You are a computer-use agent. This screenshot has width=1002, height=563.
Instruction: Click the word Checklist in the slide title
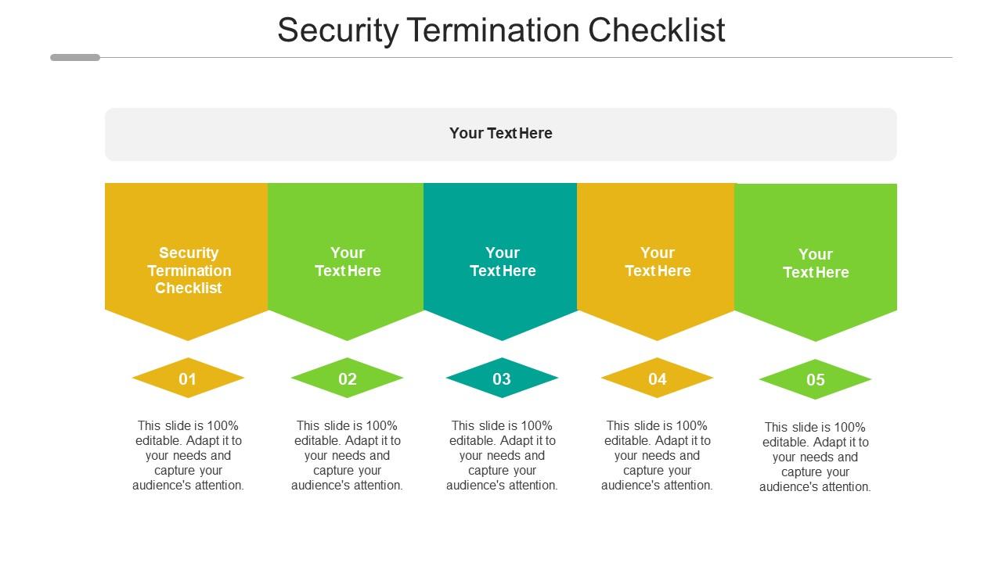(x=656, y=30)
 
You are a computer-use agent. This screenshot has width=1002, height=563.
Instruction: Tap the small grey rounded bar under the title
(x=75, y=57)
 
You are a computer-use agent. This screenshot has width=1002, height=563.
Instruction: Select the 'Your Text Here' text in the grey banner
(x=501, y=133)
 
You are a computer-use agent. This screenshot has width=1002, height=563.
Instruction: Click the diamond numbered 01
(x=188, y=378)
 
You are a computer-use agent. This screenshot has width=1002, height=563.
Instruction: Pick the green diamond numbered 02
(x=347, y=378)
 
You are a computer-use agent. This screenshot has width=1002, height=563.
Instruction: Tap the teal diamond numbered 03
(x=502, y=378)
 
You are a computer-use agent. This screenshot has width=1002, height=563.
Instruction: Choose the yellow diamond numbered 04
(x=657, y=378)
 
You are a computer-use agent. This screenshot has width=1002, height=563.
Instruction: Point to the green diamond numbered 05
(x=815, y=380)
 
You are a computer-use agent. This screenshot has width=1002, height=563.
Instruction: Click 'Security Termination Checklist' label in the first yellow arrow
(x=189, y=271)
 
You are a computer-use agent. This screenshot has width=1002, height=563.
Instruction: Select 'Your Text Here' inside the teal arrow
(x=503, y=262)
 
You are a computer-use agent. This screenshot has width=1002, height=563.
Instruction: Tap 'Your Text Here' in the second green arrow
(x=348, y=262)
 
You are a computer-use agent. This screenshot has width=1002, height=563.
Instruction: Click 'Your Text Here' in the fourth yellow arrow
(x=658, y=262)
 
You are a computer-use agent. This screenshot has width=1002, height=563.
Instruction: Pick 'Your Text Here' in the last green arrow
(x=816, y=264)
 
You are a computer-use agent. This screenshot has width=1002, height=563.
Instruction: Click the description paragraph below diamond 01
(x=188, y=455)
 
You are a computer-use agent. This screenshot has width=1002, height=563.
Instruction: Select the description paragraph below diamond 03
(x=502, y=455)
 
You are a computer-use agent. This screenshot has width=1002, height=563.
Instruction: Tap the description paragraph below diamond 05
(x=815, y=457)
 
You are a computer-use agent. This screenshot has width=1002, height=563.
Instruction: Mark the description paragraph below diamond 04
(x=657, y=455)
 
